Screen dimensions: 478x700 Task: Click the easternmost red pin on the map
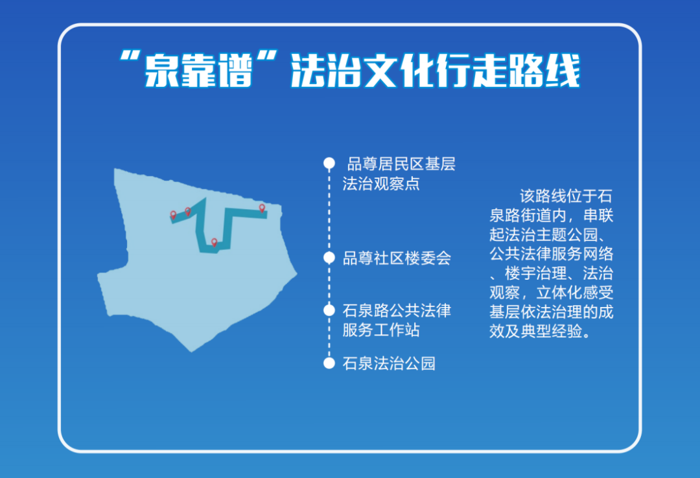[262, 208]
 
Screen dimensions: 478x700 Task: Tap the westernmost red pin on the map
[173, 214]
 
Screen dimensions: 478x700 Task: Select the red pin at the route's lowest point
[214, 242]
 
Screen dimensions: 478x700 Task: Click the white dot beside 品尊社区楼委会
[329, 258]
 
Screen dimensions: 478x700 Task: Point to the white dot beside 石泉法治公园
[329, 363]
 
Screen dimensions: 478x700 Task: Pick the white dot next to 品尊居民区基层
[329, 163]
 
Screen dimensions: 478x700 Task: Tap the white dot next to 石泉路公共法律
[329, 310]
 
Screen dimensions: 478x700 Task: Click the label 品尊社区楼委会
[396, 258]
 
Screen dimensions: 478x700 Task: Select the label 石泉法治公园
[388, 363]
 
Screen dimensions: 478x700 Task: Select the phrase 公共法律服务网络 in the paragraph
[551, 253]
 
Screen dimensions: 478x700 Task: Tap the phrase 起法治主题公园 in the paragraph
[546, 234]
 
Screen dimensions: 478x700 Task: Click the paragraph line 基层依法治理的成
[551, 312]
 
